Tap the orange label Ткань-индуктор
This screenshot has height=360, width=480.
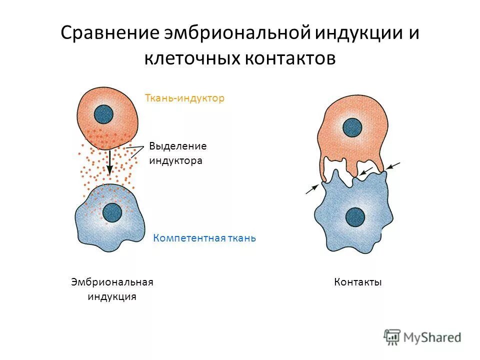(x=184, y=98)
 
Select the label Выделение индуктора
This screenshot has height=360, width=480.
(x=177, y=153)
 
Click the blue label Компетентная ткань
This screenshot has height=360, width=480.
(x=204, y=238)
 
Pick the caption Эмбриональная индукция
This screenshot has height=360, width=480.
(x=112, y=289)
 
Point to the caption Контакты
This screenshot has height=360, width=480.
(x=358, y=282)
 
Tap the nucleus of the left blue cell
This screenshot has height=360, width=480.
(x=112, y=212)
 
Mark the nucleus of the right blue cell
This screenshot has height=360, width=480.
(x=355, y=216)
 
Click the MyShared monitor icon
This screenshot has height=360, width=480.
(x=392, y=336)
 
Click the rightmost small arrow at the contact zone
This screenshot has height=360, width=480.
(x=393, y=165)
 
